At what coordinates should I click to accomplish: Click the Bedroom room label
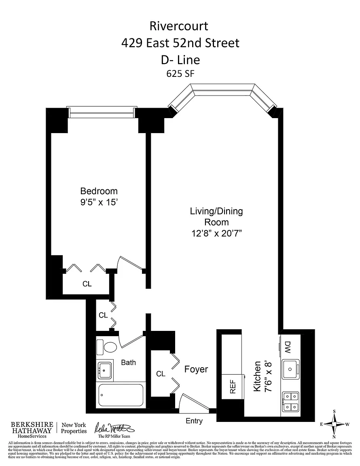99,191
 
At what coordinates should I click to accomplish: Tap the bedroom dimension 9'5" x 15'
99,202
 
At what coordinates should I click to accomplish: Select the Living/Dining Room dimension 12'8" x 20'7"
216,233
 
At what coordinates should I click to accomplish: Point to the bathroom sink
105,370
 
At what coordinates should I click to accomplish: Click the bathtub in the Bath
121,396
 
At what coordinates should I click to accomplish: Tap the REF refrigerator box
233,386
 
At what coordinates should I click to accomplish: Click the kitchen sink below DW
290,369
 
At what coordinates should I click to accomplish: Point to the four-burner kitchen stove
290,402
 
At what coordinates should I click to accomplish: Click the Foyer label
196,369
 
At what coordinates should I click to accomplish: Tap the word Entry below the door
194,421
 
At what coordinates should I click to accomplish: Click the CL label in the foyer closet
161,374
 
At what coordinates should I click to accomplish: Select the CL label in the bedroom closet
87,284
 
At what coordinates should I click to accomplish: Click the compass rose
334,424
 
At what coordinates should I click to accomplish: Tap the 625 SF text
180,74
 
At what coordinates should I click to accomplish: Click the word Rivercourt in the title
179,26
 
